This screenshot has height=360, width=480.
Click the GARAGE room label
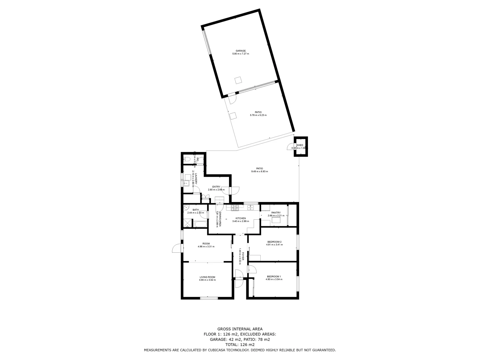coord(241,51)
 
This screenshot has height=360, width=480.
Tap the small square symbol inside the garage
coord(238,80)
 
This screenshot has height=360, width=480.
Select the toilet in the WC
coord(187,160)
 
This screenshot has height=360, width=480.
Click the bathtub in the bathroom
coord(200,224)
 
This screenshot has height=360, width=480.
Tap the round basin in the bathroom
coord(186,207)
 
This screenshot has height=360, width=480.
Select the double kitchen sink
coord(251,208)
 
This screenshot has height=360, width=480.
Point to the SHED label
coord(300,145)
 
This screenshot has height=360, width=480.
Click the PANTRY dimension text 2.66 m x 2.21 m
coord(276,216)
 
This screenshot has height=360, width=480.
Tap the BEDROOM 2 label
coord(274,242)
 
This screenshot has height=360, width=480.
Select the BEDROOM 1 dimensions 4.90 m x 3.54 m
coord(274,279)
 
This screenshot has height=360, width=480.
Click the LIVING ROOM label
coord(207,277)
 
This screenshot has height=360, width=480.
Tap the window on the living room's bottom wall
coord(209,298)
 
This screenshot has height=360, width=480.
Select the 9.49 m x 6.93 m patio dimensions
coord(259,171)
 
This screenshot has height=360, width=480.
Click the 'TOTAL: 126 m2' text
coord(240,345)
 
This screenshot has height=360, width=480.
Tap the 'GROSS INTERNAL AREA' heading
coord(240,329)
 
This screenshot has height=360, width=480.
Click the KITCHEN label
coord(240,218)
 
